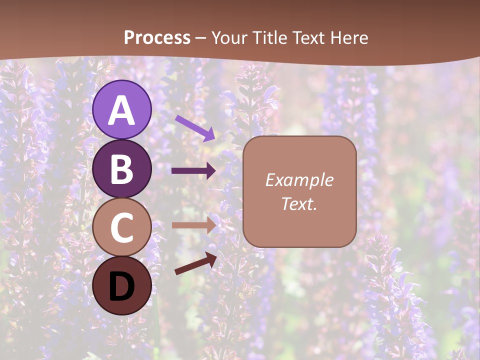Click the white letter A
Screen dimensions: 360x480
coord(121,110)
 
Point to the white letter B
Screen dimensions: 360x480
coord(121,169)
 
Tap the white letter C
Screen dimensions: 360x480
coord(121,227)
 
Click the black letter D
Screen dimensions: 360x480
coord(121,286)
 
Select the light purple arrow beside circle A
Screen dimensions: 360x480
coord(195,128)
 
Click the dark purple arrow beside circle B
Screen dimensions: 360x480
coord(193,171)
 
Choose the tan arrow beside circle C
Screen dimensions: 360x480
coord(193,225)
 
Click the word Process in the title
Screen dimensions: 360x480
coord(157,38)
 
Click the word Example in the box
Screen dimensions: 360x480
coord(299,180)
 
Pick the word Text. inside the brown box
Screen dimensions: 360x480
coord(299,204)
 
